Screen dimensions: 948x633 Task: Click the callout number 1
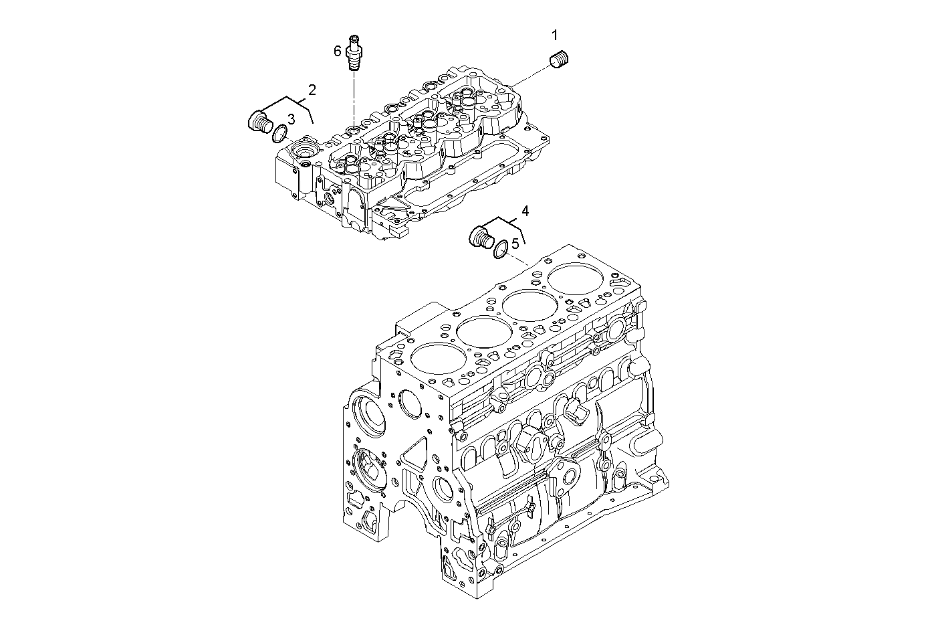pos(554,35)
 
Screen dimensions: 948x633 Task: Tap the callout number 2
pos(312,90)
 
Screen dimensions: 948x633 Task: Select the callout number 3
pos(291,120)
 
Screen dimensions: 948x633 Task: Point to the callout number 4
pos(525,211)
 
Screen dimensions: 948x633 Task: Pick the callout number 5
pos(515,244)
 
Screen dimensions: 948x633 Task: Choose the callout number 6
pos(338,52)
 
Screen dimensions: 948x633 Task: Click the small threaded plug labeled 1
pos(560,59)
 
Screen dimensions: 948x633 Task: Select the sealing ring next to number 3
pos(279,134)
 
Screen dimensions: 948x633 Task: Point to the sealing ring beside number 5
pos(500,250)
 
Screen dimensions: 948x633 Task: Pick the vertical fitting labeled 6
pos(353,52)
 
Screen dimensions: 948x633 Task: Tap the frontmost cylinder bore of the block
pos(437,359)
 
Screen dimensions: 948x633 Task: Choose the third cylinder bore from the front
pos(530,306)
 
